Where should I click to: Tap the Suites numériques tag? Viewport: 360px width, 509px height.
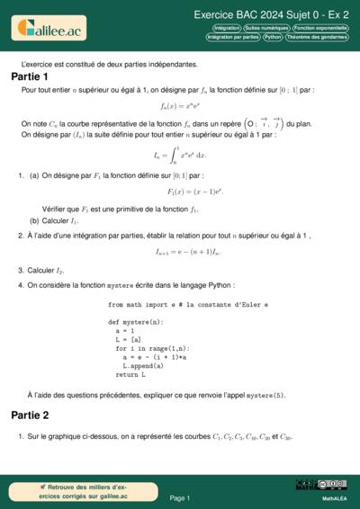pos(268,28)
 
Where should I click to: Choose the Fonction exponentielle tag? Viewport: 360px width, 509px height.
pos(322,28)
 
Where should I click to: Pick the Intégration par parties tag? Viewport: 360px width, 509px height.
pos(232,38)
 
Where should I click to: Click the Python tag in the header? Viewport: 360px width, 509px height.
pos(274,38)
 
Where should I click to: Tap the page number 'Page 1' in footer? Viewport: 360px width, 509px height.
pos(180,497)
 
